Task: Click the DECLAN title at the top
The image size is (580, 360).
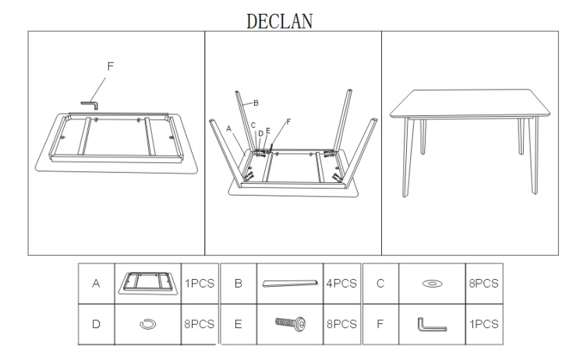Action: pyautogui.click(x=280, y=21)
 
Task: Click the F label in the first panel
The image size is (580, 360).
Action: pyautogui.click(x=110, y=66)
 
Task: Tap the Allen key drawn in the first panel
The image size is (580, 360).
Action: pyautogui.click(x=90, y=105)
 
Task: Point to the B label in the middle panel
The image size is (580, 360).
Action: pyautogui.click(x=256, y=103)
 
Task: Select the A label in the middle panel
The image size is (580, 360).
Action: pyautogui.click(x=228, y=129)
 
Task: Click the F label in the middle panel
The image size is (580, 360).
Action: pyautogui.click(x=288, y=122)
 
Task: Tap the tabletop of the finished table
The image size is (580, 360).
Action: pyautogui.click(x=470, y=104)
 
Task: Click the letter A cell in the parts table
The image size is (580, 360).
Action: pyautogui.click(x=96, y=284)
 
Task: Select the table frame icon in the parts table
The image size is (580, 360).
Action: pyautogui.click(x=148, y=284)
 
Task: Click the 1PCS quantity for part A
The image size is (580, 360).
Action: pyautogui.click(x=200, y=284)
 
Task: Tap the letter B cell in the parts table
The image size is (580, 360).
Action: pyautogui.click(x=239, y=284)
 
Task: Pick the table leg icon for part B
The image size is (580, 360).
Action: pyautogui.click(x=290, y=283)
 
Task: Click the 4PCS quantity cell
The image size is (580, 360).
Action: pyautogui.click(x=341, y=284)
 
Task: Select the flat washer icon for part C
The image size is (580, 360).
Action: pyautogui.click(x=432, y=284)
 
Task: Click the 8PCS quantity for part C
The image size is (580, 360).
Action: pyautogui.click(x=484, y=284)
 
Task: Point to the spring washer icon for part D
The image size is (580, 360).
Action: pyautogui.click(x=148, y=324)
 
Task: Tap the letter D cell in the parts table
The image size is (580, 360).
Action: pyautogui.click(x=96, y=324)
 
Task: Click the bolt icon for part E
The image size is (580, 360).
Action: pyautogui.click(x=290, y=323)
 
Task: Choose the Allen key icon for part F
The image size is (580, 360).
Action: pyautogui.click(x=432, y=324)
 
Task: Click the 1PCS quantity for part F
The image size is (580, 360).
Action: pyautogui.click(x=484, y=324)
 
